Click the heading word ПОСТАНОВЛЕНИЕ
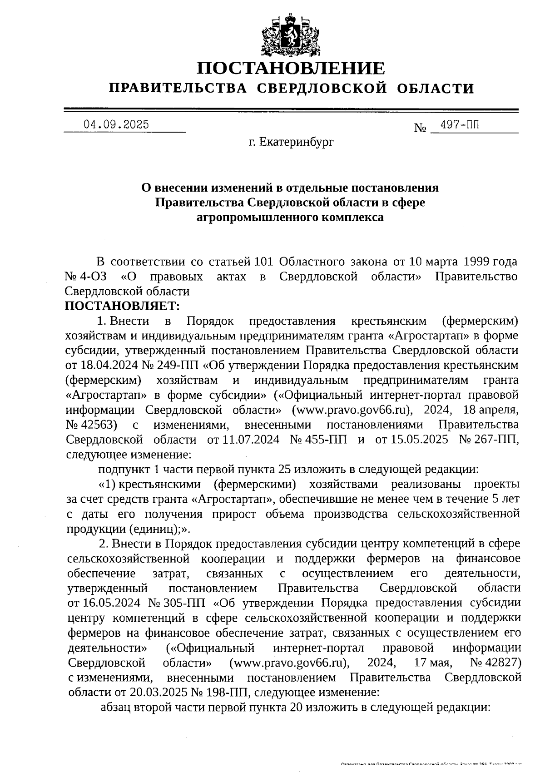[x=291, y=69]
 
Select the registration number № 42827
[x=495, y=662]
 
